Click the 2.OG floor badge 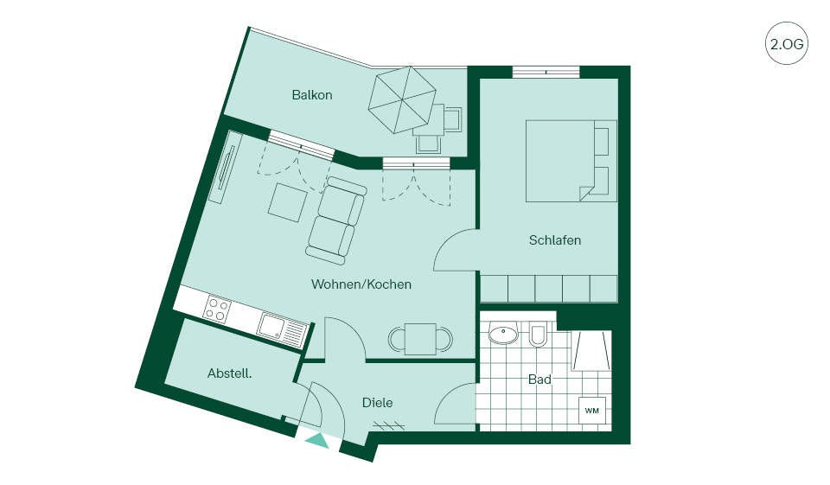pyautogui.click(x=787, y=43)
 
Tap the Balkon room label pyautogui.click(x=312, y=95)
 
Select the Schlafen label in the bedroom pyautogui.click(x=555, y=240)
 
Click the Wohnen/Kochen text pyautogui.click(x=361, y=284)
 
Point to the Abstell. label pyautogui.click(x=229, y=373)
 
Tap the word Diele pyautogui.click(x=377, y=403)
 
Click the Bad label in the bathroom pyautogui.click(x=539, y=380)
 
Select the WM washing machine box pyautogui.click(x=592, y=411)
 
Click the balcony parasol pyautogui.click(x=402, y=100)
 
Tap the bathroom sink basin pyautogui.click(x=503, y=334)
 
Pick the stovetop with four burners pyautogui.click(x=218, y=308)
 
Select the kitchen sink pyautogui.click(x=283, y=328)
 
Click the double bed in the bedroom pyautogui.click(x=571, y=161)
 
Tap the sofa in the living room pyautogui.click(x=335, y=220)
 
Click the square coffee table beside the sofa pyautogui.click(x=288, y=202)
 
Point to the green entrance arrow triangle pyautogui.click(x=317, y=441)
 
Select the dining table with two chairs pyautogui.click(x=421, y=339)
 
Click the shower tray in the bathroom pyautogui.click(x=591, y=351)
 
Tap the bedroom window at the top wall pyautogui.click(x=546, y=72)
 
